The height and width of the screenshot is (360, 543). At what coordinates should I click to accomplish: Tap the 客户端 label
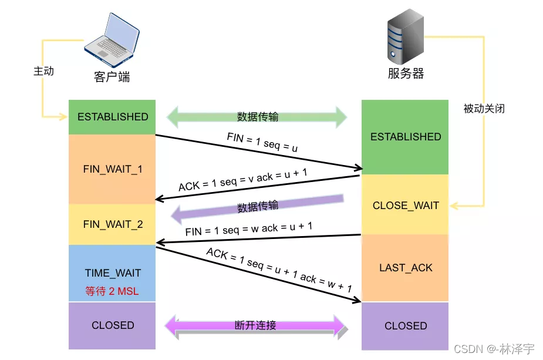112,77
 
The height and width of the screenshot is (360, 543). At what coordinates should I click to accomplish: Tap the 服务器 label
406,73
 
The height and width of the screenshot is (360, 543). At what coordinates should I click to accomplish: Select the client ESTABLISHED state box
112,117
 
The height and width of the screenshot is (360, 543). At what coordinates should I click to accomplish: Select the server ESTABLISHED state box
405,137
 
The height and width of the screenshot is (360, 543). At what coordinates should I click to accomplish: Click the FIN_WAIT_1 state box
112,169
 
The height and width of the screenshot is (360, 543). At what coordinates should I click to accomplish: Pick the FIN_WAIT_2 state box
112,224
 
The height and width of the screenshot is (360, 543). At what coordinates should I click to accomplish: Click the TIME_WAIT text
113,273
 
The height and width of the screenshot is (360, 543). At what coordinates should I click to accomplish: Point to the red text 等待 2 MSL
112,291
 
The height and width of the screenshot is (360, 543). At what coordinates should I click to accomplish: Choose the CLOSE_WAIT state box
405,206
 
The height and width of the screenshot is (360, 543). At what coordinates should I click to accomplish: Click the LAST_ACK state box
405,268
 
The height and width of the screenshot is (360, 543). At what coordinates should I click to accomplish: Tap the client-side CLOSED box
112,325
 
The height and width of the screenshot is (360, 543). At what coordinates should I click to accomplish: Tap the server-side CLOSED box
405,326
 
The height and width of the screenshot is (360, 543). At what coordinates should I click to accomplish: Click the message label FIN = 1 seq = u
262,143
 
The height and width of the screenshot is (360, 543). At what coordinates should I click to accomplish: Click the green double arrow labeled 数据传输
257,116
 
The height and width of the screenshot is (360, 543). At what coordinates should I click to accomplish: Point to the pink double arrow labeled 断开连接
255,325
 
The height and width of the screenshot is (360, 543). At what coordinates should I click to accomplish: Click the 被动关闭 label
484,109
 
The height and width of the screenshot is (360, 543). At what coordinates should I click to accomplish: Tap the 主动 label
43,71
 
